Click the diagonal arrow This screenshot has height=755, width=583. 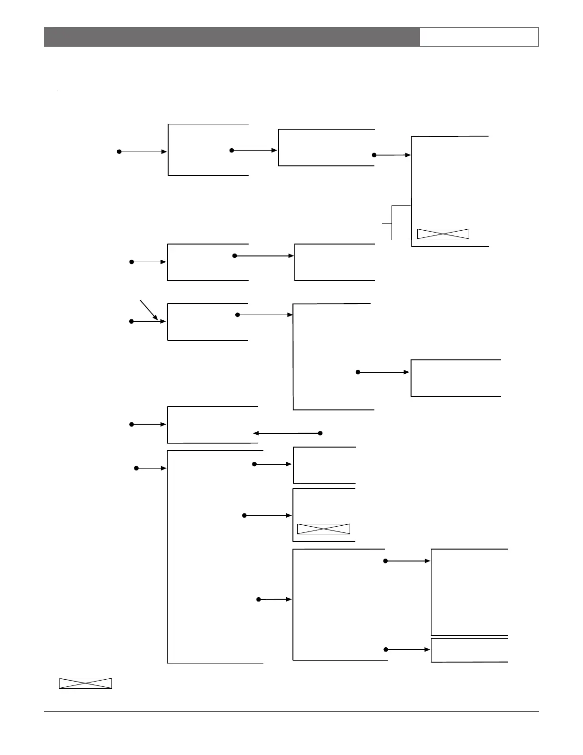tap(149, 310)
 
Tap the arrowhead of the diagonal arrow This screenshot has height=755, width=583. tap(156, 318)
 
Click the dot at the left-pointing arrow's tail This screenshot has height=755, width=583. tap(320, 433)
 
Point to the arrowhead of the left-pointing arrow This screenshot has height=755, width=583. tap(255, 433)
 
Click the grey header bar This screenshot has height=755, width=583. tap(231, 37)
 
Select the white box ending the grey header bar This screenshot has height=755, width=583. tap(479, 37)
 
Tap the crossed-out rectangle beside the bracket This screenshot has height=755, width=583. tap(443, 234)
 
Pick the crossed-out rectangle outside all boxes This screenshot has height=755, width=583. tap(85, 683)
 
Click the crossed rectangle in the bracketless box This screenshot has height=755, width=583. tap(323, 529)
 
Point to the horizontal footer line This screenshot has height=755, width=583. tap(291, 712)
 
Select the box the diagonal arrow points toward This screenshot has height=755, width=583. tap(208, 322)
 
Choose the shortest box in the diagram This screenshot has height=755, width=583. tap(469, 650)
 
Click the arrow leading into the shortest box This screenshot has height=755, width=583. tap(408, 650)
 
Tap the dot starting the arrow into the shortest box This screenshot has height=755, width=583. tap(386, 650)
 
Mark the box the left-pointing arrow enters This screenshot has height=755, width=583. tap(212, 425)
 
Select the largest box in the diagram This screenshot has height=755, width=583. tap(215, 557)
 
